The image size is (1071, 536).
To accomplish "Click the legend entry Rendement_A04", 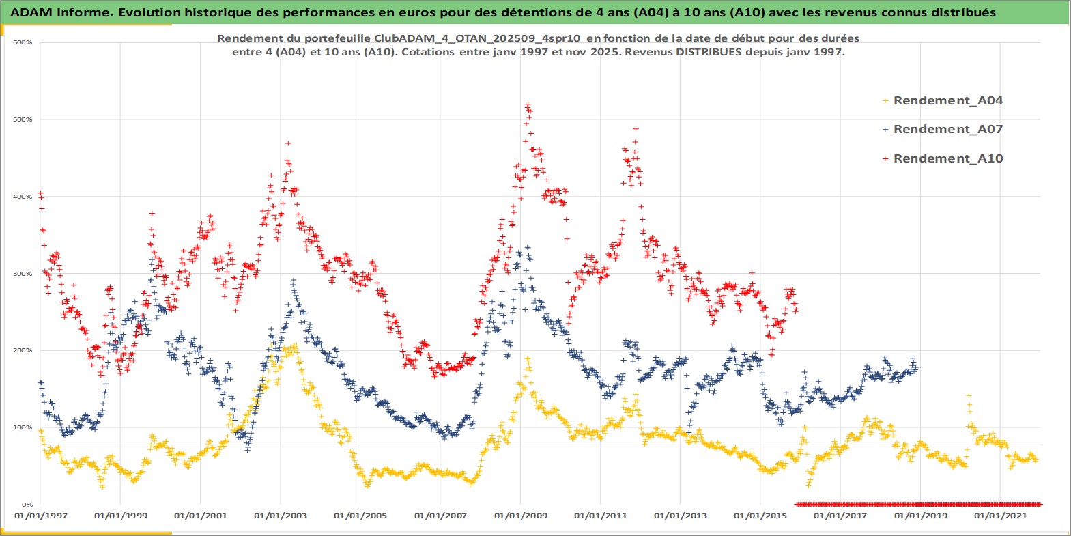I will pos(947,100).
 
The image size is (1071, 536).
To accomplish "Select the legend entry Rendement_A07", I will pos(947,129).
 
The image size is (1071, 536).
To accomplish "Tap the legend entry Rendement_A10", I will pos(947,158).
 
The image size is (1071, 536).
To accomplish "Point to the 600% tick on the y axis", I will pos(23,42).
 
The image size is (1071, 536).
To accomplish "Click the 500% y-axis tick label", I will pos(23,119).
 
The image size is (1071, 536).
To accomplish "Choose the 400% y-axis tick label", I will pos(23,197).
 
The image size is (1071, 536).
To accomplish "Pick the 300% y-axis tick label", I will pos(23,274).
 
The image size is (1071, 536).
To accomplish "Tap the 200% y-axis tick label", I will pos(23,350).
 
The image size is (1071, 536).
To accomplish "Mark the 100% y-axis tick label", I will pos(23,427).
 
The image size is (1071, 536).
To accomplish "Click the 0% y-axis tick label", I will pos(26,505).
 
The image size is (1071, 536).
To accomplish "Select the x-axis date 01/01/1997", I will pos(41,516).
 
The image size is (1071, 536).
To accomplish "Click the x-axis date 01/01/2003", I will pos(281,516).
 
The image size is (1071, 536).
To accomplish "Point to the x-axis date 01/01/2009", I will pos(521,516).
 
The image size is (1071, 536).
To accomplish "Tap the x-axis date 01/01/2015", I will pos(760,516).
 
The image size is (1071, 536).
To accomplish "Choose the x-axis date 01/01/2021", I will pos(1001,516).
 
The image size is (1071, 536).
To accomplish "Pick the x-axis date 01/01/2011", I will pos(601,516).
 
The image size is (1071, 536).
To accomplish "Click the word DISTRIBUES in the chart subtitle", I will pos(709,52).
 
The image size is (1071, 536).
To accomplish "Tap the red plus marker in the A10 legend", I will pos(885,158).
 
